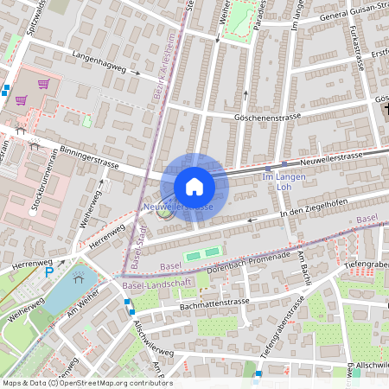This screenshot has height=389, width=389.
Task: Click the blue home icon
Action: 194,186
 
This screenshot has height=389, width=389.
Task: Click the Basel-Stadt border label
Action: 138,243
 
